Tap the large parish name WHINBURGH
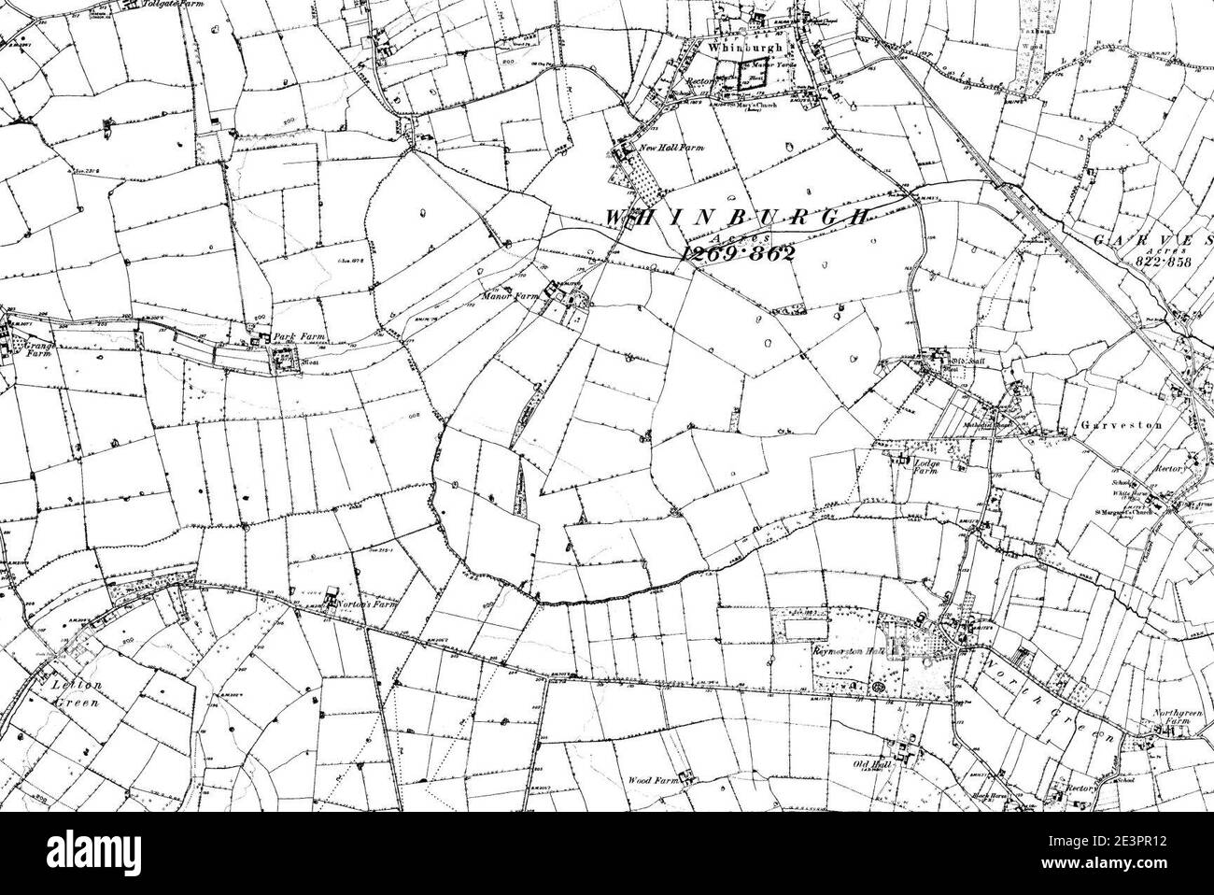coord(738,217)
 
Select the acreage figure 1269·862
coord(738,253)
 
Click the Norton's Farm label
coord(366,604)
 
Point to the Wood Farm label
coord(650,775)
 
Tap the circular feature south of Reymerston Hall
coord(879,689)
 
